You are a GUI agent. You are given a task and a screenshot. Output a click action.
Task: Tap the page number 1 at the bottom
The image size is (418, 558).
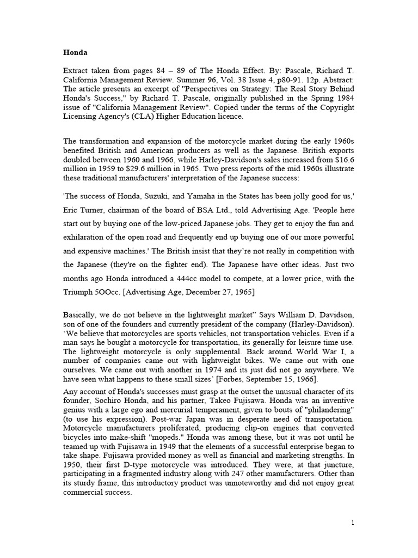point(353,523)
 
